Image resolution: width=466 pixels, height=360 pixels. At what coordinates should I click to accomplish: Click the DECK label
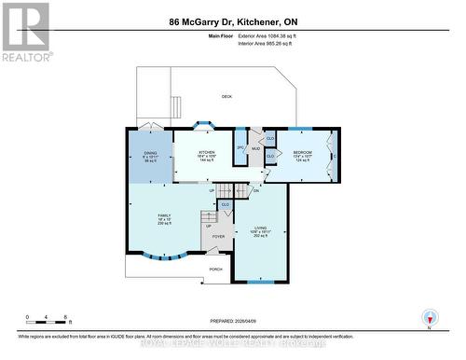[x=226, y=97]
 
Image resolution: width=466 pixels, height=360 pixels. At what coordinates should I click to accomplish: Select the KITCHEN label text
[x=206, y=152]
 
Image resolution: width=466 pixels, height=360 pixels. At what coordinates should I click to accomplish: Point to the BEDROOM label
[x=303, y=152]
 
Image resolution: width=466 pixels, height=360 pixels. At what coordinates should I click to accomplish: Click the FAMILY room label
[x=165, y=215]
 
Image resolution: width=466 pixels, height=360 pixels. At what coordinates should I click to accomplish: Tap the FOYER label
[x=218, y=237]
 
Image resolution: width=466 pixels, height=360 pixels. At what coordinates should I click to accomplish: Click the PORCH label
[x=215, y=269]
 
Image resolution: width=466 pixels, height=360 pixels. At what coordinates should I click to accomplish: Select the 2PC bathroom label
[x=240, y=147]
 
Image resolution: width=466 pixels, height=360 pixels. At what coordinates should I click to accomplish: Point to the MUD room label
[x=254, y=147]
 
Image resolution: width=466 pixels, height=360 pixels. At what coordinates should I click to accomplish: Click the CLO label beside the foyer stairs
[x=225, y=204]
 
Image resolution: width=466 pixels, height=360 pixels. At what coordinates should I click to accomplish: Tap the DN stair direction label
[x=254, y=190]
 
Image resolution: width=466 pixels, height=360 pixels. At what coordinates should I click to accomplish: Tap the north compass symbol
[x=429, y=317]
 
